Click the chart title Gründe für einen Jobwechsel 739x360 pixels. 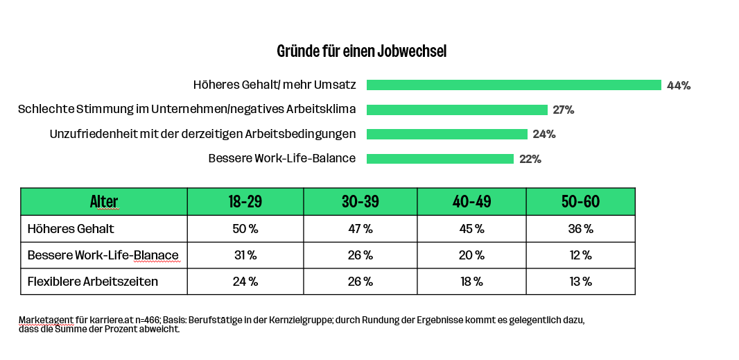tap(361, 51)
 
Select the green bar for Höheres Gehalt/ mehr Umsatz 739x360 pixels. tap(514, 85)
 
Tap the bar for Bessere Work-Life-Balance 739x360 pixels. tap(440, 159)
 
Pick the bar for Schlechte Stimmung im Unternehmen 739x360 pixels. tap(457, 110)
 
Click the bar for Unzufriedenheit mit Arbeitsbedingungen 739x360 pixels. tap(446, 134)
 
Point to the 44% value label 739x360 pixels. tap(678, 85)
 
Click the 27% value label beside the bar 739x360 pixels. tap(563, 110)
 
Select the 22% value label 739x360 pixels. tap(530, 159)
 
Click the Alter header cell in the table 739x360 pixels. tap(104, 202)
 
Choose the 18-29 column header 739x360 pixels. tap(245, 202)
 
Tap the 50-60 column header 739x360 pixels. tap(580, 202)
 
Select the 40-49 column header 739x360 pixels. tap(471, 202)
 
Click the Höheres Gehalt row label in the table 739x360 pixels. tap(71, 228)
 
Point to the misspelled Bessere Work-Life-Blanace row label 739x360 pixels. tap(103, 255)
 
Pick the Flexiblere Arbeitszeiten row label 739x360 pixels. tap(92, 282)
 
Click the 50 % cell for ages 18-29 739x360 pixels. tap(245, 228)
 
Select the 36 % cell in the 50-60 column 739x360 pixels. tap(580, 228)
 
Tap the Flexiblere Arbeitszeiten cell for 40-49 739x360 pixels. tap(471, 282)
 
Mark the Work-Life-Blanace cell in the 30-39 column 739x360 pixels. tap(360, 255)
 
